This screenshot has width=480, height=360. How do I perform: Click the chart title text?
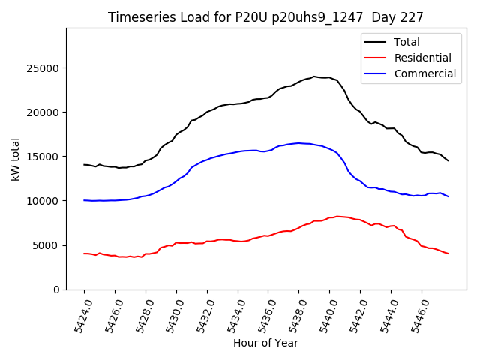click(265, 17)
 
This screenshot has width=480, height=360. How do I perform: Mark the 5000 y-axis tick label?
click(47, 245)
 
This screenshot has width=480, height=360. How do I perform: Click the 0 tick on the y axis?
click(57, 289)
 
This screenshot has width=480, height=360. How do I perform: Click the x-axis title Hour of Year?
click(265, 343)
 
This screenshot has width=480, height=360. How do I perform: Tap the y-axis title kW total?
click(16, 159)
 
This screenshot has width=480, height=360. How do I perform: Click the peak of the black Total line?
click(314, 76)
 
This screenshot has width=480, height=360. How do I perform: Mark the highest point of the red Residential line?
click(337, 216)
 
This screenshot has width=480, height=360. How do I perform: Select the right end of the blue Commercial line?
click(448, 196)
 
